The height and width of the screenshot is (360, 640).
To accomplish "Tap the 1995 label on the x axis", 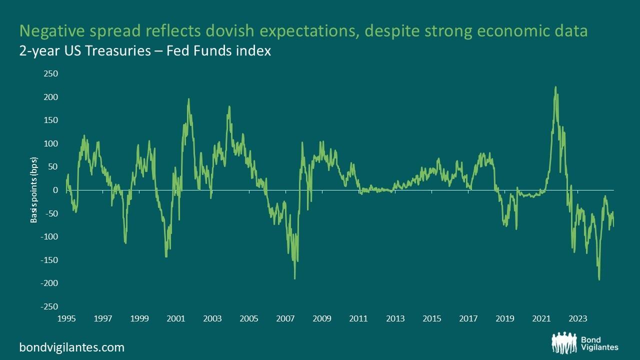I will (x=66, y=318).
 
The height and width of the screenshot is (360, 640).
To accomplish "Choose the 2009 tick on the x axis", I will (x=322, y=318).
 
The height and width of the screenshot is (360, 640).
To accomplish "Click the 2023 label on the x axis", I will (x=578, y=318).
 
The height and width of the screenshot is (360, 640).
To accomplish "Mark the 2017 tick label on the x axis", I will (x=468, y=318).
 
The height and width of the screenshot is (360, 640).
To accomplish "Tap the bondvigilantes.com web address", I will (x=71, y=347).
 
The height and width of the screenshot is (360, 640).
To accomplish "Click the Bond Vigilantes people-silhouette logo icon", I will (x=565, y=342).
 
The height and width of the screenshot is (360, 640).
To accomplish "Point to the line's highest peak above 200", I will (x=555, y=87).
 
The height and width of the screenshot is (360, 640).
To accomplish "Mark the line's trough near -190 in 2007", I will (x=295, y=278).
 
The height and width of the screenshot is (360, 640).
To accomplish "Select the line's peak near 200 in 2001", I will (x=188, y=99).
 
